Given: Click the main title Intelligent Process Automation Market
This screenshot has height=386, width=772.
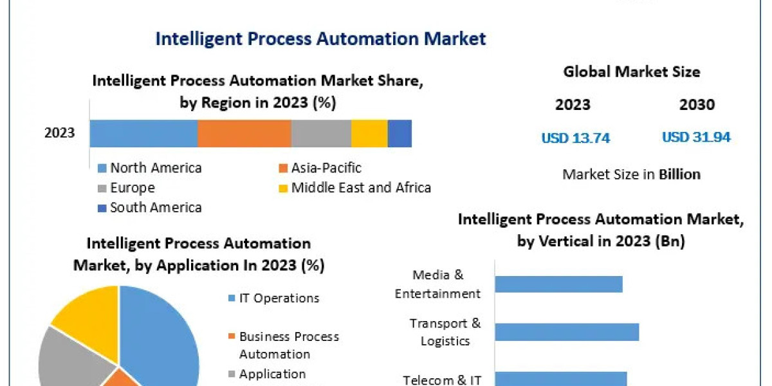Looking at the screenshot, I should [320, 39].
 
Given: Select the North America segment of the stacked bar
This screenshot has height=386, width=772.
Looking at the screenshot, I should [143, 133].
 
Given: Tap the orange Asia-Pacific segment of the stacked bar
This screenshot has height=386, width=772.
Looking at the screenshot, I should [244, 133].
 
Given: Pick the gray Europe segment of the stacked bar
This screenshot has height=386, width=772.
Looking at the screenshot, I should [321, 133].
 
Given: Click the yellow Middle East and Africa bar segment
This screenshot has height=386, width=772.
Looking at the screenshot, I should [369, 133].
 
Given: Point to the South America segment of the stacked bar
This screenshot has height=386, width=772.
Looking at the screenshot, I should [400, 133].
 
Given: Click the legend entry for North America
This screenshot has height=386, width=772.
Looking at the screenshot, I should [155, 168].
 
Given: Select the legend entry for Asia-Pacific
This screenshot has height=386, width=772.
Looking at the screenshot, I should [326, 168].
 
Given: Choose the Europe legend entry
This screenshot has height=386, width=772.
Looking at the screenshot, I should [132, 188].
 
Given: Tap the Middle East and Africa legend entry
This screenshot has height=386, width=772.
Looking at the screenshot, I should [360, 188].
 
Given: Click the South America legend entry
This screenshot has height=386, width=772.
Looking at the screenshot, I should [155, 207].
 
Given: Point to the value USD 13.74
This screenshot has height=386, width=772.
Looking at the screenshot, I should [575, 138].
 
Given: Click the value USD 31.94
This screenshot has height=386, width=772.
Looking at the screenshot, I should [696, 138].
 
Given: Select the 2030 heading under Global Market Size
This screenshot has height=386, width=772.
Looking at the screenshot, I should [697, 105].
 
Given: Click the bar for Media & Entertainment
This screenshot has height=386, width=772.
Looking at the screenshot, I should [558, 284].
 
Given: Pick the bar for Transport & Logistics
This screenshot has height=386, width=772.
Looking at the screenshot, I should [567, 332].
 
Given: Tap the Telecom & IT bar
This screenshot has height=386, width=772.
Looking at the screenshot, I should [560, 378].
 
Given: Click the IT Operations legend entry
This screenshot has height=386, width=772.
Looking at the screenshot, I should [279, 298].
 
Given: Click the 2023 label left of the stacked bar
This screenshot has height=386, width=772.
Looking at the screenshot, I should [59, 133].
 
